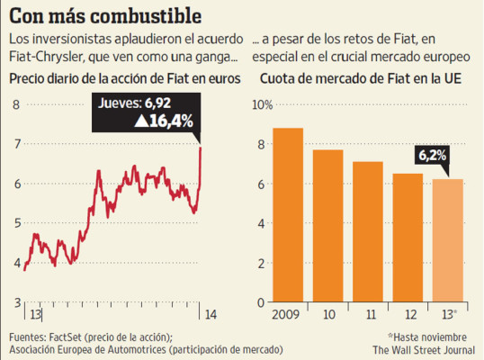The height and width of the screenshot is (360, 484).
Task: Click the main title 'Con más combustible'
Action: point(105,16)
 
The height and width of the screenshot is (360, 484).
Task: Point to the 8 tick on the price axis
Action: point(14,105)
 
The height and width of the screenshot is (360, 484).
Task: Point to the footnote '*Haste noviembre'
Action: point(429,336)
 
